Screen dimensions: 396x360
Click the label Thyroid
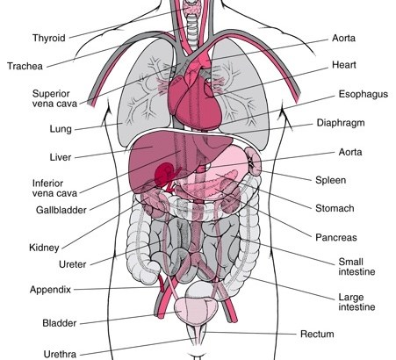[x=49, y=39]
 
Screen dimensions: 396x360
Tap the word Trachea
[x=25, y=66]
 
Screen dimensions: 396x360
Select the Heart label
[x=344, y=65]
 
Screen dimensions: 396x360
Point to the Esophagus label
[x=364, y=94]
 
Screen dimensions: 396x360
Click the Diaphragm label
[x=341, y=123]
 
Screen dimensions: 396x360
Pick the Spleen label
[x=330, y=180]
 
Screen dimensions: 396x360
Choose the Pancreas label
[x=336, y=237]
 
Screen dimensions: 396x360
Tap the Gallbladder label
[x=61, y=210]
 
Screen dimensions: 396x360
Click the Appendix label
[x=50, y=290]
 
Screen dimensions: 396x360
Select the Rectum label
[x=317, y=335]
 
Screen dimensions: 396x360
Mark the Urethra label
[x=60, y=354]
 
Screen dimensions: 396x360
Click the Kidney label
[x=44, y=248]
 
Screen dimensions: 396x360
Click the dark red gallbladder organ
[x=164, y=174]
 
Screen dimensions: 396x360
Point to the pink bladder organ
[x=196, y=311]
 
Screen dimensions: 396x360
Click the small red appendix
[x=162, y=283]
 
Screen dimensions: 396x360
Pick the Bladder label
[x=60, y=323]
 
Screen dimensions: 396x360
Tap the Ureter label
[x=73, y=264]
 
